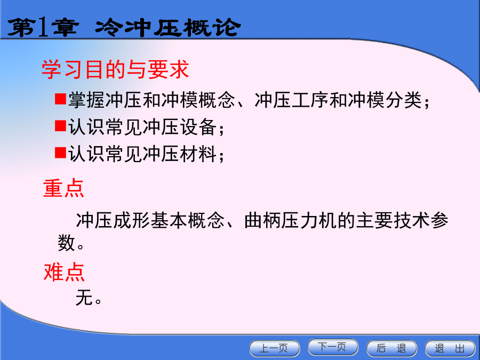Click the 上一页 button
coord(275,348)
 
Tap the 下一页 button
coord(333,347)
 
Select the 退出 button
coord(450,348)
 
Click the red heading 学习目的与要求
coord(115,70)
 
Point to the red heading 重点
coord(63,188)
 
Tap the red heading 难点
coord(64,272)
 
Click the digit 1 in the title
coord(43,28)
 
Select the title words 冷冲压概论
coord(167,28)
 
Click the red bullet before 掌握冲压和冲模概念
coord(61,99)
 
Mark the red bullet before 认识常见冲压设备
coord(61,125)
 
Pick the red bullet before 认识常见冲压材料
coord(61,153)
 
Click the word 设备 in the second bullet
coord(198,127)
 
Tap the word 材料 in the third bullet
coord(198,154)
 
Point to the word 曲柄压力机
coord(290,220)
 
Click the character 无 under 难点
coord(84,297)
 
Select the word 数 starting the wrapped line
coord(67,243)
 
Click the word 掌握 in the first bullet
coord(86,100)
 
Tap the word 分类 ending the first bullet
coord(404,100)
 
